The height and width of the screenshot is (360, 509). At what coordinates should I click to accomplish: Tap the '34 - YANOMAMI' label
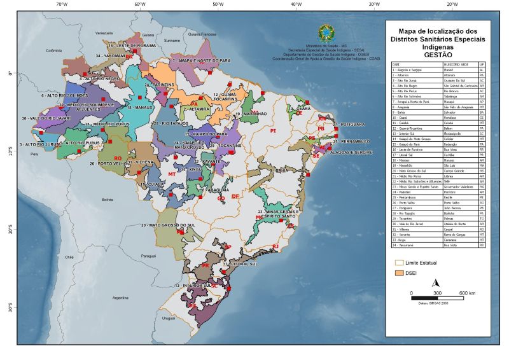coord(109,56)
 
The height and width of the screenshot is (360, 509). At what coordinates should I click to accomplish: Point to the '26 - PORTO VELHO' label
coord(105,164)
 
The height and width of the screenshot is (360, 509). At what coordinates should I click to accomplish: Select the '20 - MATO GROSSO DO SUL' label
coord(168,225)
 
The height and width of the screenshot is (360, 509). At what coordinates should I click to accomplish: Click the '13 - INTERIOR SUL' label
coord(193,286)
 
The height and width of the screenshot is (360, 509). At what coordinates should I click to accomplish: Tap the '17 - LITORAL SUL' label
coord(240,263)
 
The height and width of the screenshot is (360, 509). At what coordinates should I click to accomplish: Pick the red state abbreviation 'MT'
coord(172,174)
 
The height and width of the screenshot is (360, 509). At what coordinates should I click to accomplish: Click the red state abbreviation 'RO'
coord(117,158)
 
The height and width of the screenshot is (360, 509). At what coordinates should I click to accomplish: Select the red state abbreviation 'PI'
coord(274,130)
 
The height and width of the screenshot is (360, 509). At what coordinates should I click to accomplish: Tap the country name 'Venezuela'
coord(104,32)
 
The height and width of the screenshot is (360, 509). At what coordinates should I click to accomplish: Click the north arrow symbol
coord(436,283)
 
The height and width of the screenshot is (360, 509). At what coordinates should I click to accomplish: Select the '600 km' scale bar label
coord(468,293)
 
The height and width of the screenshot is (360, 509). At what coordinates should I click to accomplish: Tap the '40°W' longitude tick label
coord(296,4)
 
